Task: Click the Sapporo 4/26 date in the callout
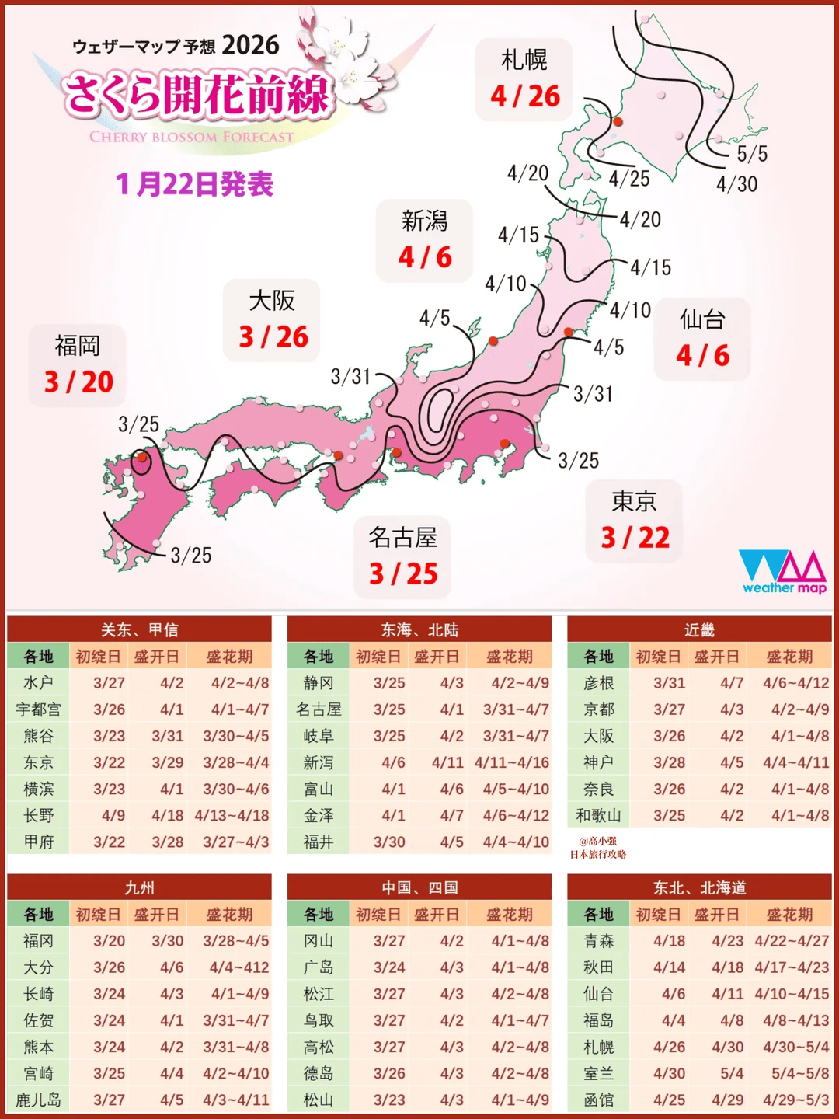(x=525, y=96)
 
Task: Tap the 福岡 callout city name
(x=77, y=345)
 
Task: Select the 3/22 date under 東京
(x=635, y=538)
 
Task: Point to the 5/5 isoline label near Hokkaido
(x=752, y=154)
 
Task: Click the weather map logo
(x=783, y=572)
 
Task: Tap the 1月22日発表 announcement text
(x=195, y=185)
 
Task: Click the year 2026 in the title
(x=250, y=45)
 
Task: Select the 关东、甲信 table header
(x=139, y=629)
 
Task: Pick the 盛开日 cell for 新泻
(x=447, y=762)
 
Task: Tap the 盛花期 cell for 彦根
(x=795, y=683)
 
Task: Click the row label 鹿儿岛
(x=37, y=1100)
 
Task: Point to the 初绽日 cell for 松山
(x=389, y=1100)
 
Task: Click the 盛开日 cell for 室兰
(x=732, y=1074)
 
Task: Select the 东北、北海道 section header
(x=699, y=887)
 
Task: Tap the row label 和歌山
(x=598, y=815)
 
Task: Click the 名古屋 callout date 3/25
(x=403, y=574)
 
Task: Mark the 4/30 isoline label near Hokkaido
(x=736, y=184)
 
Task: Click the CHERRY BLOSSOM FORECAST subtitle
(x=192, y=138)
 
